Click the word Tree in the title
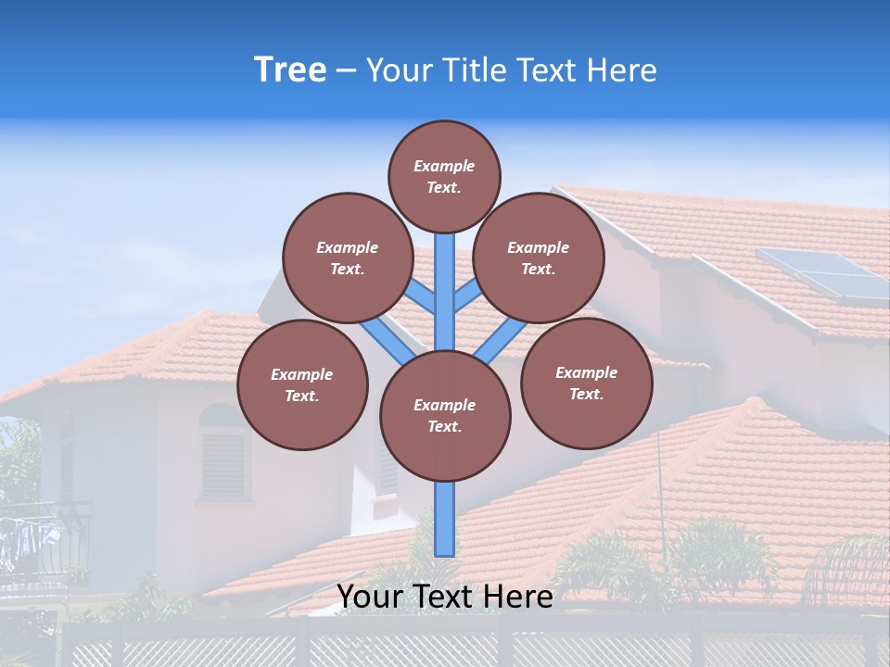290,69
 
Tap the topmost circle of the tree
444,176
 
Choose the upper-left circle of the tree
347,258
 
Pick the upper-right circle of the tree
539,258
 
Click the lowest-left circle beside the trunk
302,384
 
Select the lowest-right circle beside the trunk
586,383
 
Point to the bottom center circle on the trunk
445,415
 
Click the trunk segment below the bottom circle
445,519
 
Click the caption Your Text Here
445,597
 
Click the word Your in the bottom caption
372,597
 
